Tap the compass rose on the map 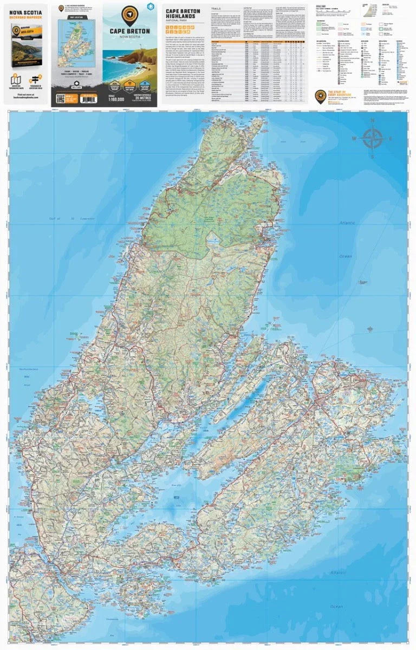coord(373,138)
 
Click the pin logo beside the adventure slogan coord(320,96)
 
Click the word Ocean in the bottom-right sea coord(337,606)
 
